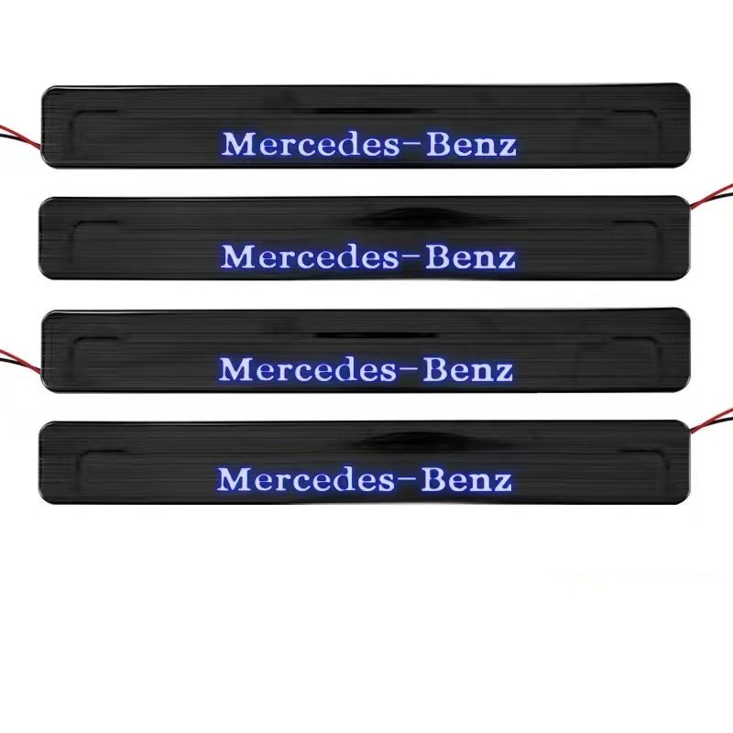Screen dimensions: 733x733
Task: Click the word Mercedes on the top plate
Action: tap(311, 144)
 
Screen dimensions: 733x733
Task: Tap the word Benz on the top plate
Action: tap(471, 144)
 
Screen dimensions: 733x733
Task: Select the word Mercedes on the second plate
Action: tap(310, 257)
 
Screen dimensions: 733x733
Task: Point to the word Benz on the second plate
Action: tap(470, 257)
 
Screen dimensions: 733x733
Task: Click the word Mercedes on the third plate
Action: tap(308, 369)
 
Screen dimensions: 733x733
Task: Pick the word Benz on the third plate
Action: tap(468, 369)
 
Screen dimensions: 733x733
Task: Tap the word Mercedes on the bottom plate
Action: tap(306, 479)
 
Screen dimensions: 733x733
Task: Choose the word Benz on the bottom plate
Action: tap(466, 479)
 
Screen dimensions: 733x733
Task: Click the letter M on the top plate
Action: tap(237, 144)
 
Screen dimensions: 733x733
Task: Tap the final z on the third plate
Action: tap(502, 373)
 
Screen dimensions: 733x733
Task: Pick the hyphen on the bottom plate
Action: tap(408, 476)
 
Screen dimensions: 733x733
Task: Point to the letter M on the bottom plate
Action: tap(233, 478)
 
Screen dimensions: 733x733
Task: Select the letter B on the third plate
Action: tap(435, 369)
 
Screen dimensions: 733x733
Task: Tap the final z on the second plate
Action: tap(506, 260)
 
